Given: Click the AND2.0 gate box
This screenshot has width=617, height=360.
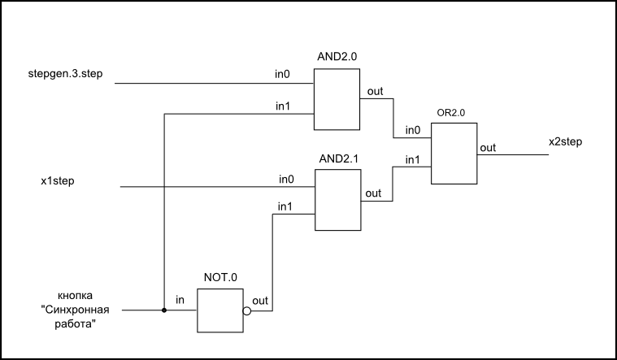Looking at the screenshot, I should coord(337,99).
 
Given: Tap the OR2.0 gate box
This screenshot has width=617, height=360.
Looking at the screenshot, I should coord(454,154).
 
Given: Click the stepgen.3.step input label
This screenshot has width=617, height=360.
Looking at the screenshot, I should coord(65,76).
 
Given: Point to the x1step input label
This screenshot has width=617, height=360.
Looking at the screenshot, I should coord(58,180).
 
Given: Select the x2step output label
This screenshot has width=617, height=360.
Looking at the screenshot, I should coord(565,141).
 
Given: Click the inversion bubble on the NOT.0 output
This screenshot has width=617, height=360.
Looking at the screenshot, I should coord(247,310).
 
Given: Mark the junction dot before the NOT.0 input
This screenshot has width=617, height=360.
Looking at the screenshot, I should coord(164,310).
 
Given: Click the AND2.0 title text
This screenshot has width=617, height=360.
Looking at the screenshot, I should coord(336,58).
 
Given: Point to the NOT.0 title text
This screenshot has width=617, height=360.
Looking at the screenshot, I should coord(221,277).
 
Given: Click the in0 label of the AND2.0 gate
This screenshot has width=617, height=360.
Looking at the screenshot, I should coord(282,76).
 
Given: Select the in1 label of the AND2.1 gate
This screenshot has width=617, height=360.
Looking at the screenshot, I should coord(285,207).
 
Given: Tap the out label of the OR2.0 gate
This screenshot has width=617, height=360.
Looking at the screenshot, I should coord(488,147).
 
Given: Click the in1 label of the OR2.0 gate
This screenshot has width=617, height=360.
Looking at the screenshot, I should coord(414,160).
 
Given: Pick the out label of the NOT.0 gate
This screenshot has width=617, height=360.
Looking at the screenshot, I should coord(260,301).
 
